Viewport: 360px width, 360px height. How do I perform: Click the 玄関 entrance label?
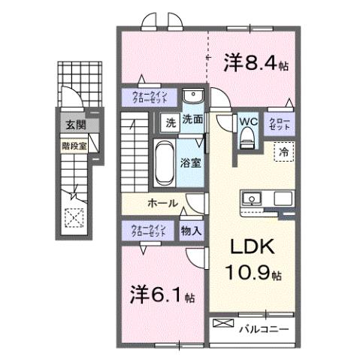[x=74, y=125]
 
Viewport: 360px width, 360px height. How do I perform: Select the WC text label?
[x=247, y=120]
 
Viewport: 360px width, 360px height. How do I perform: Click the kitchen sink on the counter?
[x=251, y=199]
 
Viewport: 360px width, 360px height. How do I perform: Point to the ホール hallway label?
[x=162, y=204]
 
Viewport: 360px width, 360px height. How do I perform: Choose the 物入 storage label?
[x=191, y=231]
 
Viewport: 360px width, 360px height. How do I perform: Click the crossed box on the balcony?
[x=224, y=324]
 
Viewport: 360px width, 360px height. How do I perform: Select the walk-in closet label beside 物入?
[x=148, y=230]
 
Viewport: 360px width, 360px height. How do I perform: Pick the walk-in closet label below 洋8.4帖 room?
[x=150, y=97]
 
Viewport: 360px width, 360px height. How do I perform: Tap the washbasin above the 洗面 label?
[x=192, y=98]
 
